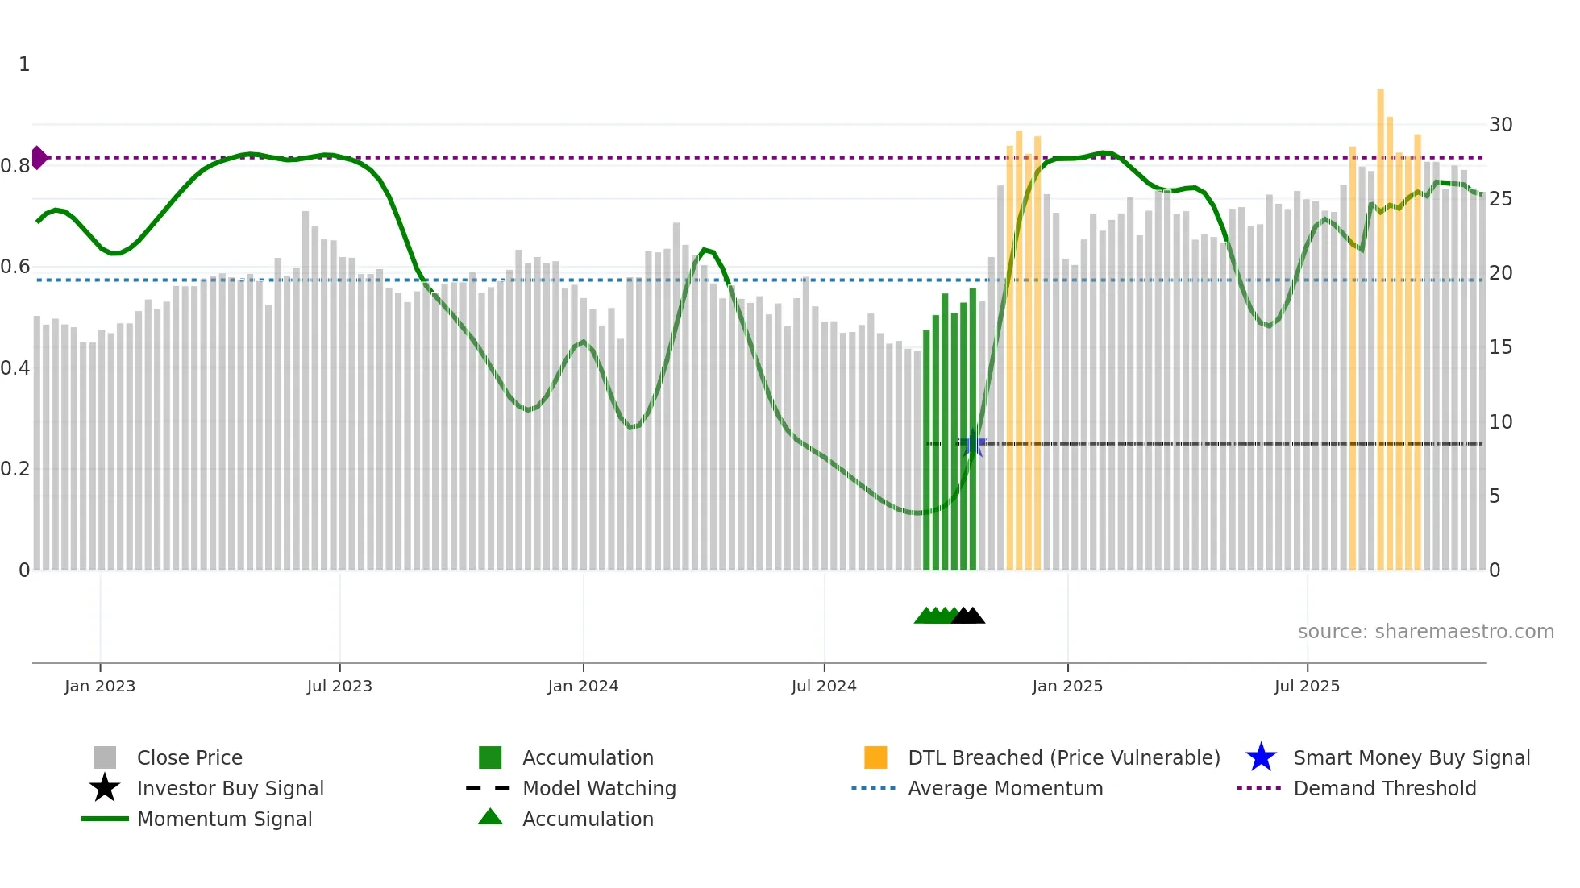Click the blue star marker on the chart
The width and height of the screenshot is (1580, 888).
[x=973, y=444]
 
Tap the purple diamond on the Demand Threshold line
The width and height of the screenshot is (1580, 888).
[x=39, y=158]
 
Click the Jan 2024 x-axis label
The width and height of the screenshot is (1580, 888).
[x=583, y=686]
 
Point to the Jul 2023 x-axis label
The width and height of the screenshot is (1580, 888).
[x=339, y=686]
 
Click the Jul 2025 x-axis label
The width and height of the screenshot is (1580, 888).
[x=1307, y=686]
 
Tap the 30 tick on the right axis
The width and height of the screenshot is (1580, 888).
[x=1500, y=125]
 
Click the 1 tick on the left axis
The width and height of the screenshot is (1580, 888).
[x=24, y=64]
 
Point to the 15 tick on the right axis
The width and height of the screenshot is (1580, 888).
[x=1500, y=347]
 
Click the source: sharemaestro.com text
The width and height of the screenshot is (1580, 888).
[x=1425, y=632]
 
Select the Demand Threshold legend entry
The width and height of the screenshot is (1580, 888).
[x=1384, y=788]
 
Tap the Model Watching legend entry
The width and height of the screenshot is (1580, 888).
[x=598, y=788]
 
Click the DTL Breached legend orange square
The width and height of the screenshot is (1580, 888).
[x=875, y=757]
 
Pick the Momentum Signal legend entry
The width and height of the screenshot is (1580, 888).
[x=224, y=819]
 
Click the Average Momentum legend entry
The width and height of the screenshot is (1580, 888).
[x=1004, y=788]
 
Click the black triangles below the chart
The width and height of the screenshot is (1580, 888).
[x=969, y=616]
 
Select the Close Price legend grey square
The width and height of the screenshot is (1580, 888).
[x=105, y=757]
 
